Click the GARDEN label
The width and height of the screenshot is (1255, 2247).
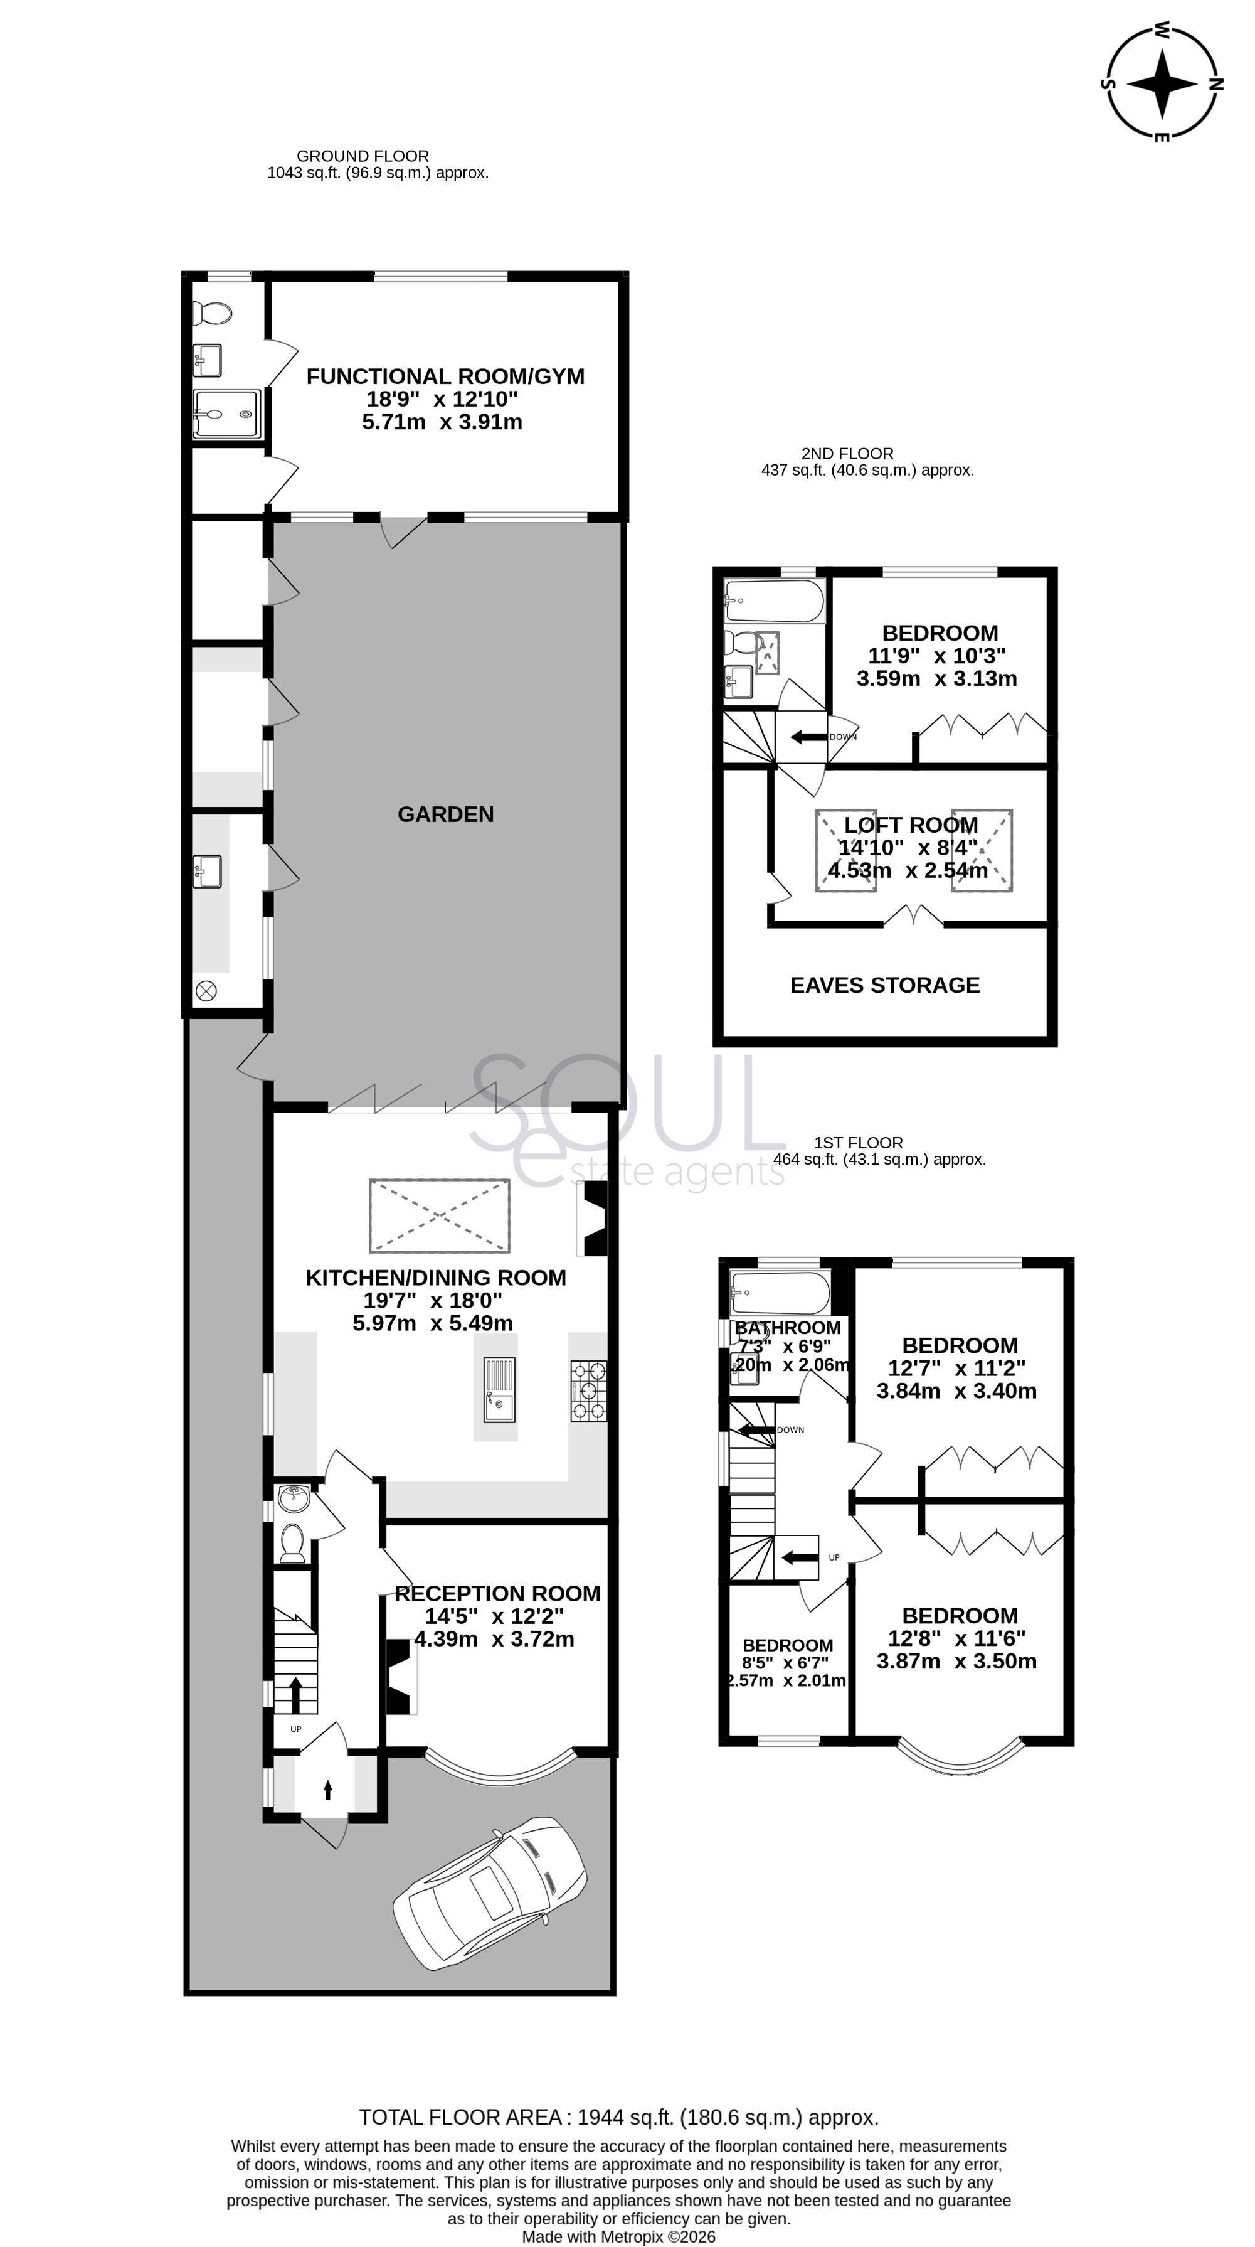pyautogui.click(x=446, y=814)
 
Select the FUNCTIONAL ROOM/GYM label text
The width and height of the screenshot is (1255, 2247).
pyautogui.click(x=445, y=376)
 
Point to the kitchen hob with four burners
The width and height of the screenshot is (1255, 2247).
pyautogui.click(x=589, y=1391)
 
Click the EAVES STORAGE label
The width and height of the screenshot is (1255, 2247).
pyautogui.click(x=884, y=985)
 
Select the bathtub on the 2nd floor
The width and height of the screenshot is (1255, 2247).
pyautogui.click(x=773, y=600)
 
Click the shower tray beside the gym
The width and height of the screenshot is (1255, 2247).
pyautogui.click(x=226, y=414)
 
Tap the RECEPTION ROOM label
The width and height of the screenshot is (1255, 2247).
pyautogui.click(x=497, y=1594)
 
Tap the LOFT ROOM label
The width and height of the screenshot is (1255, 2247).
pyautogui.click(x=911, y=825)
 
